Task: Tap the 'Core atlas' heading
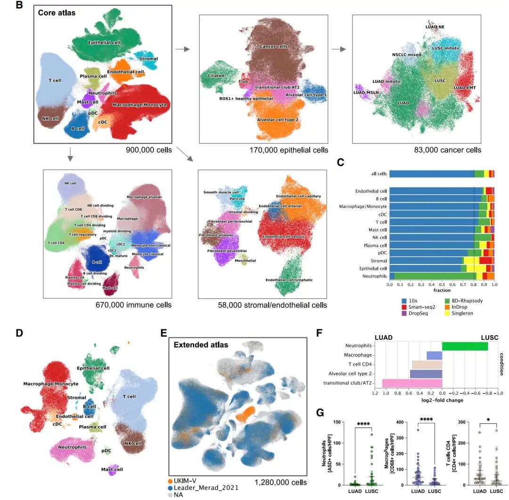point(57,13)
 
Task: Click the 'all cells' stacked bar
point(442,174)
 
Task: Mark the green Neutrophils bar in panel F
point(465,346)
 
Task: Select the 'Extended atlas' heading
point(201,344)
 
